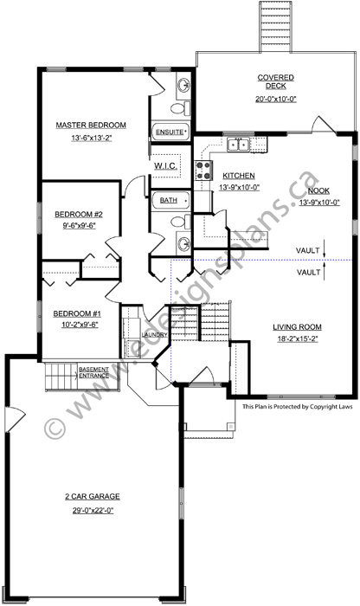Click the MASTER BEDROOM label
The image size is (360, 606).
[x=91, y=125]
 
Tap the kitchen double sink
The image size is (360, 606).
[x=238, y=145]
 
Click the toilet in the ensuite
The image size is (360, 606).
[x=178, y=110]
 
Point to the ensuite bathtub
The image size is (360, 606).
[x=171, y=132]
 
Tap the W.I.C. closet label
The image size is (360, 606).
[x=166, y=164]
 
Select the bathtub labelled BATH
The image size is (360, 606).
[x=171, y=201]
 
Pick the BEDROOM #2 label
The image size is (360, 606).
[x=74, y=214]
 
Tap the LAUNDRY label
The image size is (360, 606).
[x=154, y=334]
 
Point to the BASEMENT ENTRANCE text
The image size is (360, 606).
[x=93, y=372]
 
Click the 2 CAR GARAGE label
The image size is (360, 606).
[x=91, y=496]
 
